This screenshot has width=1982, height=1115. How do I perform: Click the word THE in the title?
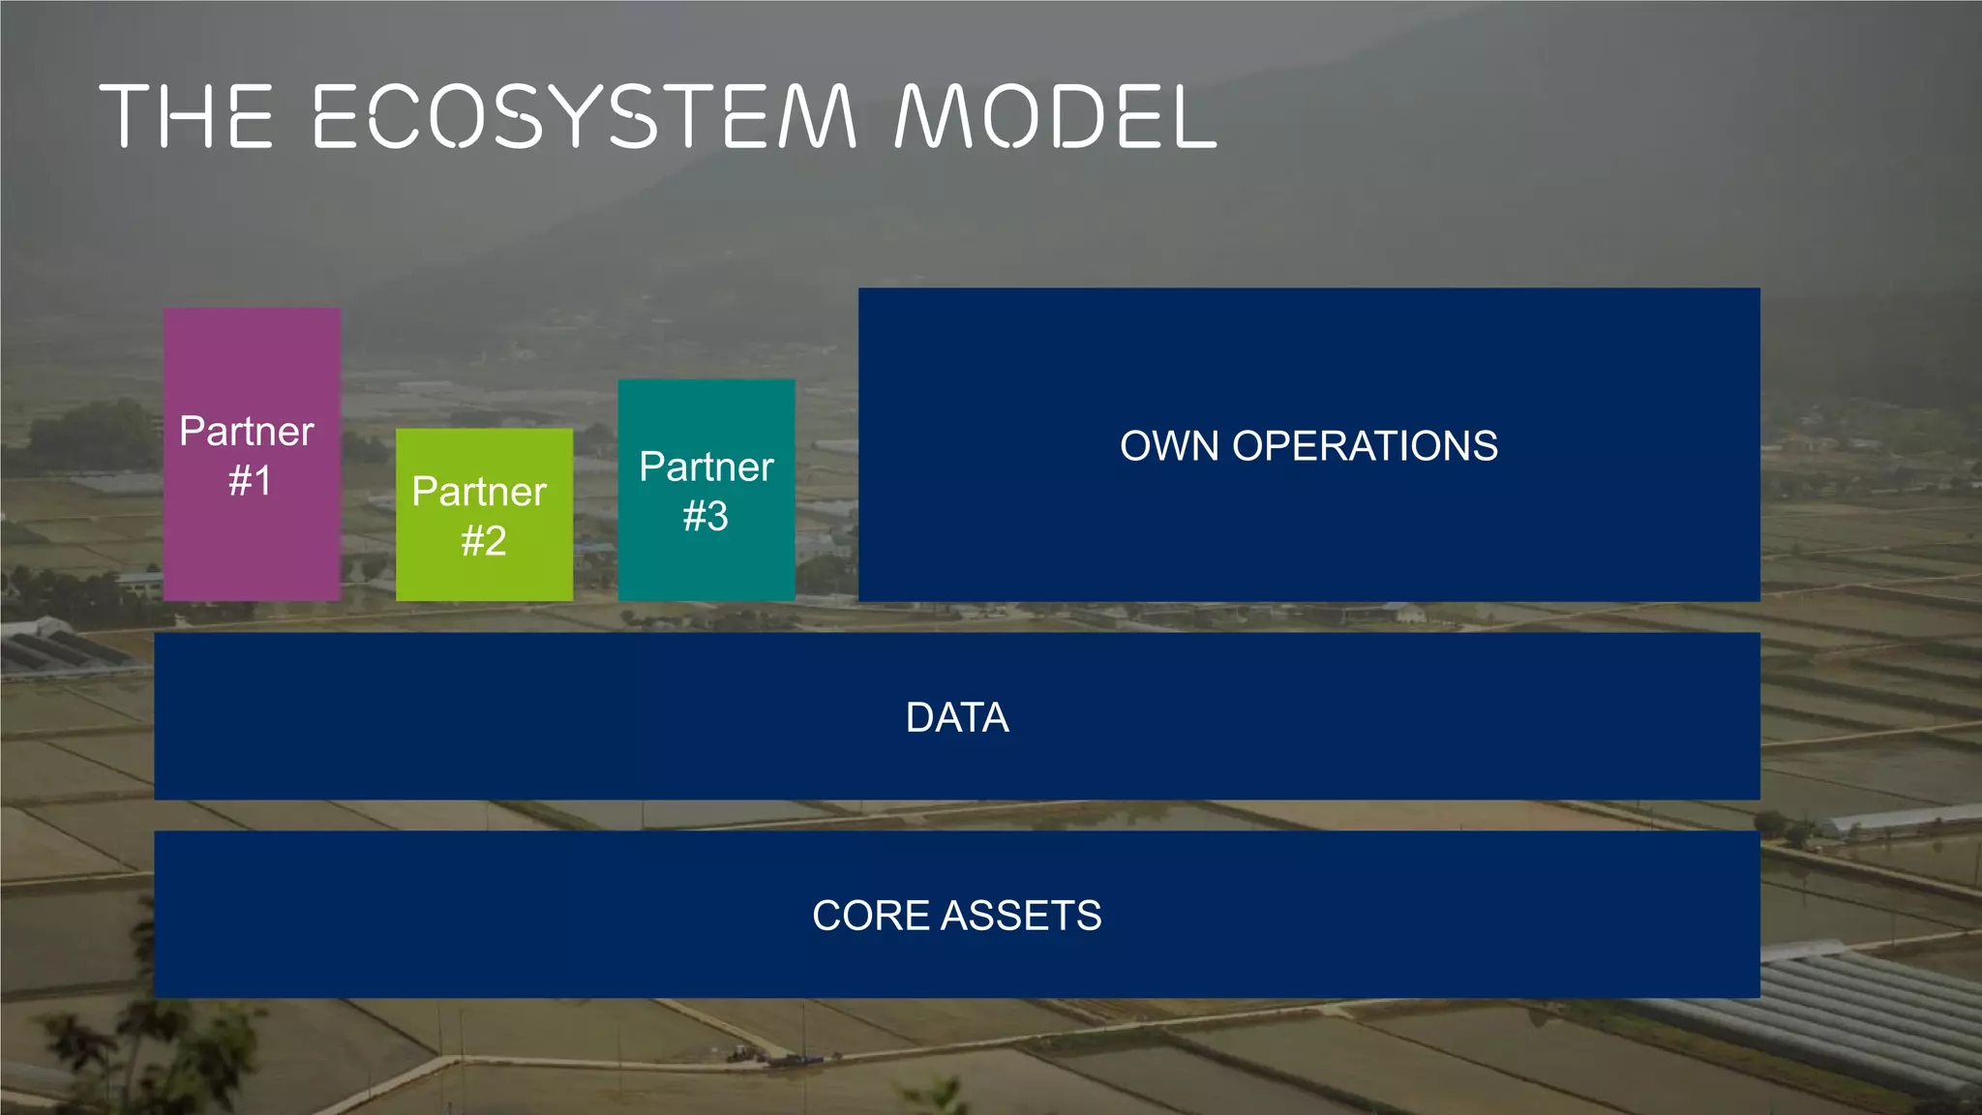click(187, 116)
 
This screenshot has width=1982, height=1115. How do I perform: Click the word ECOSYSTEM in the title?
click(585, 116)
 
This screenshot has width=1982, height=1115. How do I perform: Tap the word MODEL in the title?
click(1055, 116)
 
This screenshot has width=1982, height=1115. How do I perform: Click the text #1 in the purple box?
click(250, 481)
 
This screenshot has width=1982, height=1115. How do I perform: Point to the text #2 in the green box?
click(484, 541)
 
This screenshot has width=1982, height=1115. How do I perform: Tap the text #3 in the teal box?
click(706, 517)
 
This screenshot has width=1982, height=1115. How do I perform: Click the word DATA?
click(957, 718)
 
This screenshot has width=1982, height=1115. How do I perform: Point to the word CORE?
click(870, 916)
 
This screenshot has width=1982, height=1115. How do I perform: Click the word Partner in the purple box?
click(247, 432)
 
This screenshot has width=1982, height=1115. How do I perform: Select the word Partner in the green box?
click(479, 492)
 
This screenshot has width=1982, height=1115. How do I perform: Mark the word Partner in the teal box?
click(706, 467)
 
